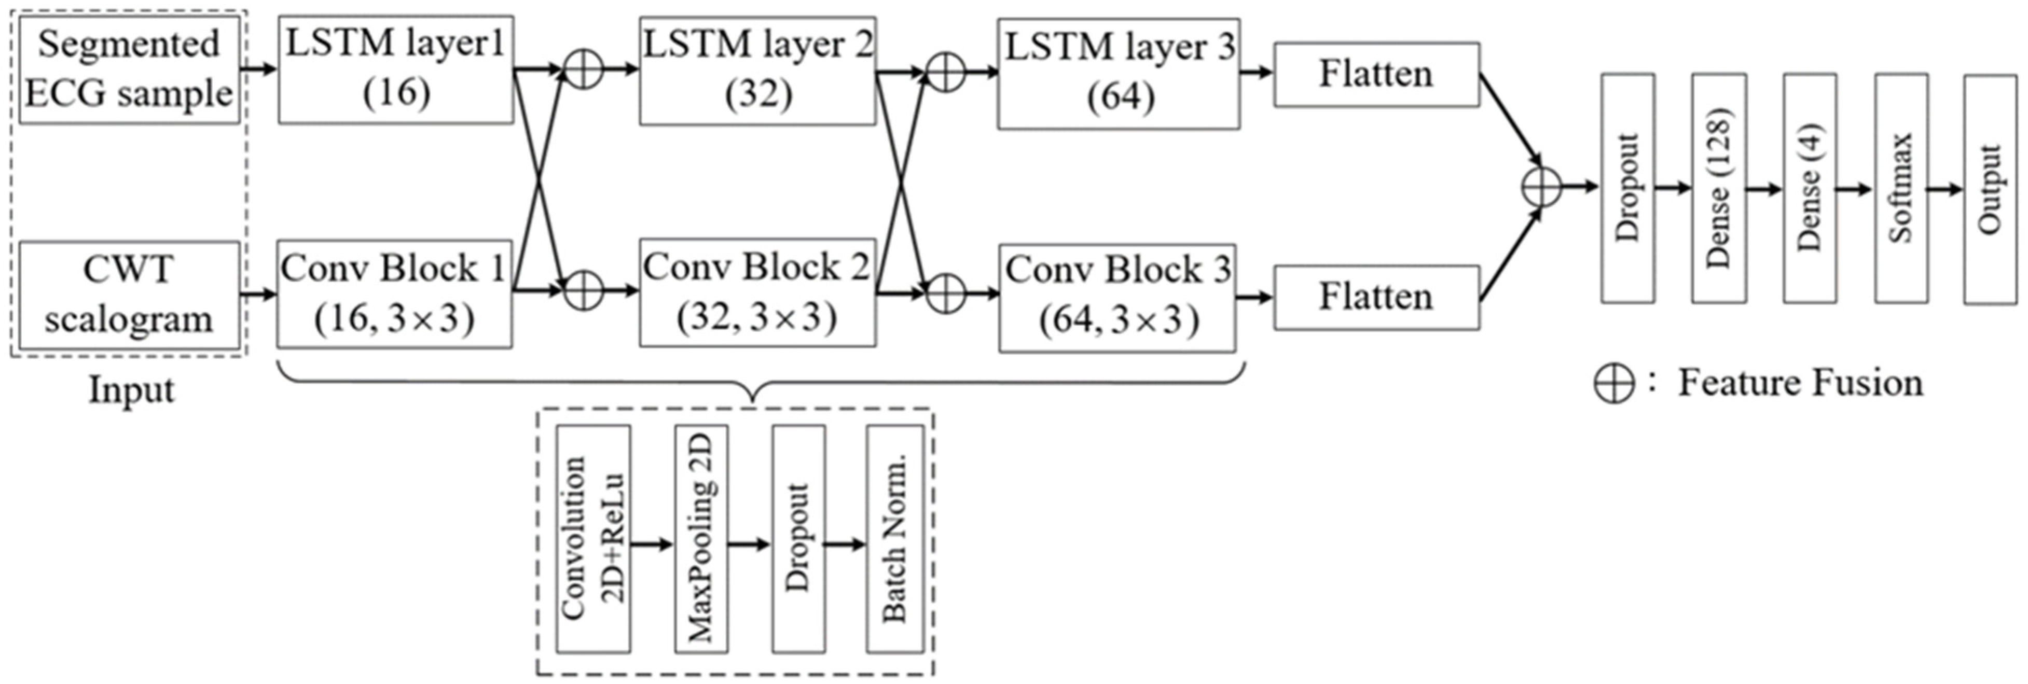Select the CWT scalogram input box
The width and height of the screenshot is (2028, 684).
pyautogui.click(x=129, y=295)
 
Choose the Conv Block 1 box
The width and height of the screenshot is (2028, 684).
pyautogui.click(x=394, y=294)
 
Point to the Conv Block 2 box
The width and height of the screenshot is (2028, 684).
pyautogui.click(x=757, y=293)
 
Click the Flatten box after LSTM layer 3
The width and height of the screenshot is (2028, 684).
pyautogui.click(x=1376, y=75)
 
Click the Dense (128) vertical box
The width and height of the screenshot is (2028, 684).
pyautogui.click(x=1719, y=188)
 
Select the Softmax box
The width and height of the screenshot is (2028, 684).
pyautogui.click(x=1901, y=188)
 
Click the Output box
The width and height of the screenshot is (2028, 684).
pyautogui.click(x=1990, y=189)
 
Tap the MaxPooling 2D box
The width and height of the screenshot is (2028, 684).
pyautogui.click(x=701, y=539)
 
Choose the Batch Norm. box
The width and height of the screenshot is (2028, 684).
pyautogui.click(x=895, y=539)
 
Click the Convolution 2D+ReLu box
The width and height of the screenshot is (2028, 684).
pyautogui.click(x=593, y=539)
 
